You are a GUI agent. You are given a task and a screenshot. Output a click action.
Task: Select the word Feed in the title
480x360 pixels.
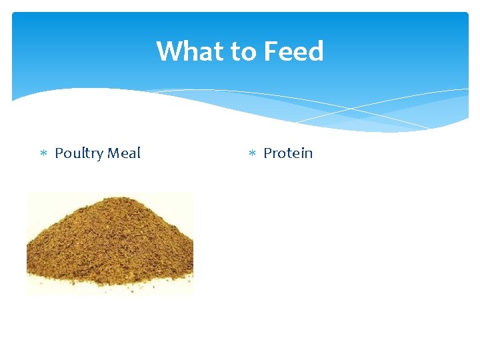pos(294,51)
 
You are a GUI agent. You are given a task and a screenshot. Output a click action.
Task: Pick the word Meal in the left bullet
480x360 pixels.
pos(124,153)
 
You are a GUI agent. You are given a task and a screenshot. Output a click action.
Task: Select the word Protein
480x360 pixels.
pos(288,153)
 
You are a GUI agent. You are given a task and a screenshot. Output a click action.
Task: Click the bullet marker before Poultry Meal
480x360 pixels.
pos(43,154)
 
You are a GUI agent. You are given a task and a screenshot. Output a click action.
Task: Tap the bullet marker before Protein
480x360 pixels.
pos(252,154)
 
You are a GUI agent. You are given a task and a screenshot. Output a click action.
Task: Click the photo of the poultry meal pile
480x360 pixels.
pos(110,244)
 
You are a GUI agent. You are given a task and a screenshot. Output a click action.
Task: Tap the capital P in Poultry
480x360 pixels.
pos(59,153)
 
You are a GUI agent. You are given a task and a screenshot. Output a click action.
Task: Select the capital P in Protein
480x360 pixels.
pos(267,153)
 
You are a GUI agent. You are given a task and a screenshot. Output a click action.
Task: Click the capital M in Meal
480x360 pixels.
pos(114,153)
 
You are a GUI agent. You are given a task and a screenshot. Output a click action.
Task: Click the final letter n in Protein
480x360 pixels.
pos(308,154)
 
